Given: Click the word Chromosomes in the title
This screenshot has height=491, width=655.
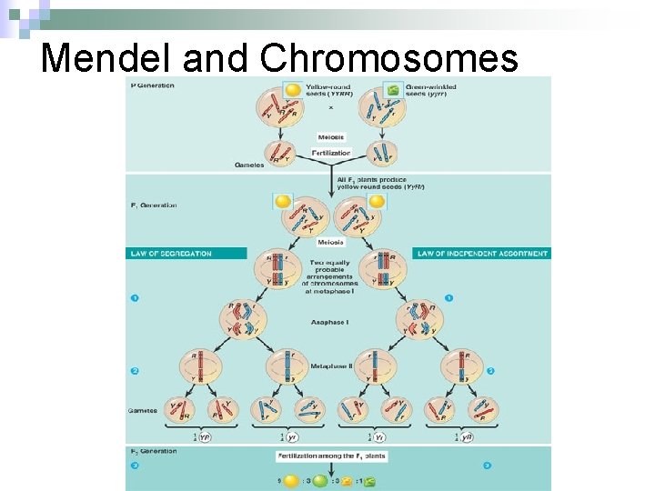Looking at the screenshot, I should click(388, 57).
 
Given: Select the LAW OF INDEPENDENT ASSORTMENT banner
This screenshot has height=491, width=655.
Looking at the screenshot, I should click(482, 254).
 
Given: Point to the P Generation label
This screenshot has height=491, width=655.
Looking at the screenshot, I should click(153, 85).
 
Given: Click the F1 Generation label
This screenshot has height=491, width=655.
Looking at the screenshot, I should click(154, 205).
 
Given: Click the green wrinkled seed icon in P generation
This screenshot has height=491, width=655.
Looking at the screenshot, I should click(393, 90).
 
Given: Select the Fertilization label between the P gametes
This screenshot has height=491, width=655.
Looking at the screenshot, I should click(331, 153).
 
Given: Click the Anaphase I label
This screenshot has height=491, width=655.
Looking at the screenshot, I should click(328, 323).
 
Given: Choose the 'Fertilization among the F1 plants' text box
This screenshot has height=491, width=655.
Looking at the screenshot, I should click(331, 456).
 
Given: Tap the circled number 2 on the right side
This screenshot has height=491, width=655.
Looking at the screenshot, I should click(492, 371).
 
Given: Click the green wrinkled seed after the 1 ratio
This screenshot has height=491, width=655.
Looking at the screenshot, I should click(370, 480).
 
